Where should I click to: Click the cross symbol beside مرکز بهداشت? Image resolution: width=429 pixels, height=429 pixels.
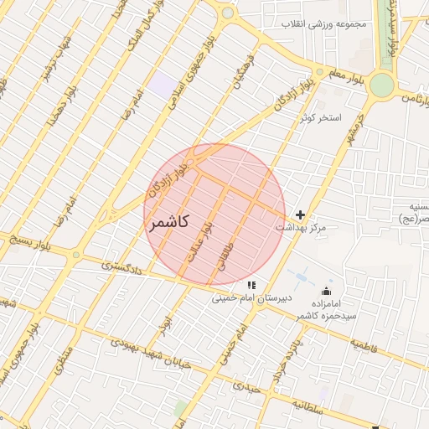(x=301, y=215)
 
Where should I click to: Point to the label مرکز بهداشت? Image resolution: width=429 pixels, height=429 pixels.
(x=300, y=228)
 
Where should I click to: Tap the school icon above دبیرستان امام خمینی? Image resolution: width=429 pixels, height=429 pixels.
(x=251, y=286)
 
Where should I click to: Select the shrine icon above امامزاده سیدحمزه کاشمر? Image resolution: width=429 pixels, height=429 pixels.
(x=326, y=291)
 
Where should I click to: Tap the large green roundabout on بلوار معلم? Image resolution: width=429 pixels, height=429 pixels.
(x=381, y=85)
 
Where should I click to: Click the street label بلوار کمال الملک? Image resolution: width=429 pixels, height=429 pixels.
(x=140, y=34)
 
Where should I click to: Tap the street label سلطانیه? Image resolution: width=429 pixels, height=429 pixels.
(x=308, y=405)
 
